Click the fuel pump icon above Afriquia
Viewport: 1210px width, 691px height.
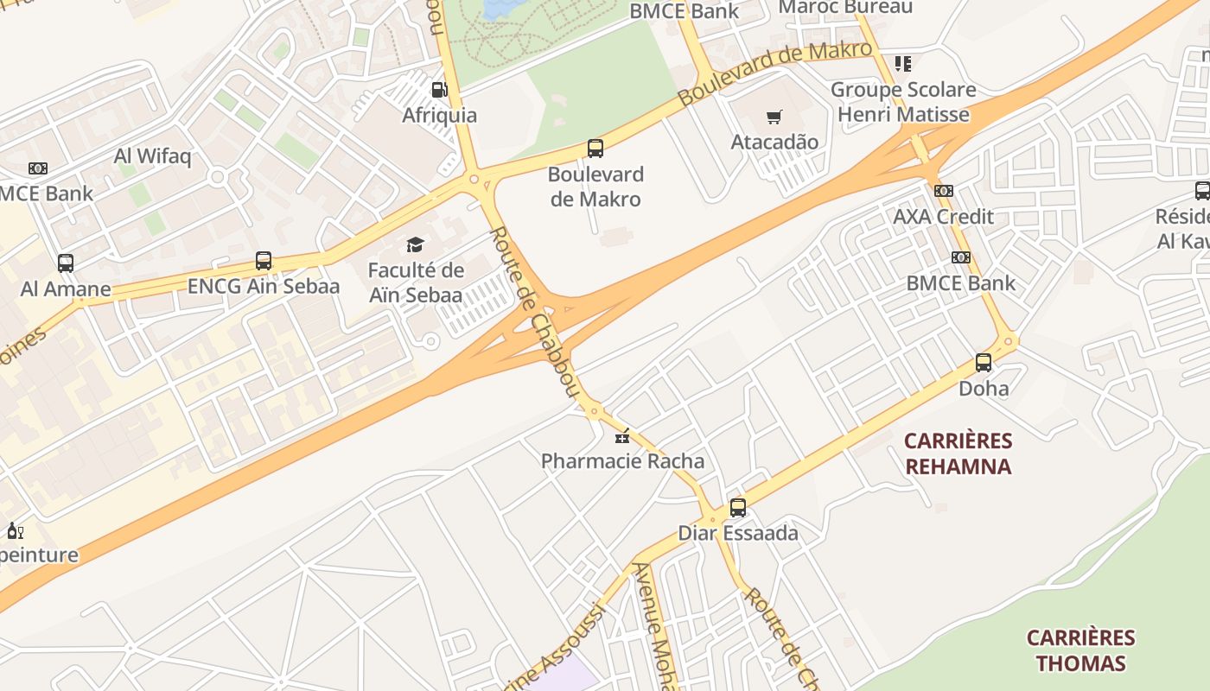[439, 90]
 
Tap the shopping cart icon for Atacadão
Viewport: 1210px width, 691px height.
[774, 117]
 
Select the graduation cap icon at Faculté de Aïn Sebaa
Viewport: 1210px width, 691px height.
[416, 245]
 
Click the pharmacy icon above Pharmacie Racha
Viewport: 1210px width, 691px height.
[621, 436]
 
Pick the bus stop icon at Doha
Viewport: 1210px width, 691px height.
[984, 363]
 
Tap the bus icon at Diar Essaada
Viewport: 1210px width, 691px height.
[737, 508]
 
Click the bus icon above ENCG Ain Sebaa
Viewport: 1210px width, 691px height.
[264, 261]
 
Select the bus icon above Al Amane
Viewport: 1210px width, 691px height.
[66, 263]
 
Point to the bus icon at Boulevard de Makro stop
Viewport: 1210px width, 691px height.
[595, 149]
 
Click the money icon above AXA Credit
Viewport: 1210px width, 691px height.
[944, 191]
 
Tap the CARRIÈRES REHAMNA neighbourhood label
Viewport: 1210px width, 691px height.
[958, 454]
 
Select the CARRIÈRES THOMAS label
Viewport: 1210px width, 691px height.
[1080, 650]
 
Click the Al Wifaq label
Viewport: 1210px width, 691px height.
[153, 156]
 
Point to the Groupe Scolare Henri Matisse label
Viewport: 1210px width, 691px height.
[903, 102]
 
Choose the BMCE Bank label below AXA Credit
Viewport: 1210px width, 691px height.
[960, 283]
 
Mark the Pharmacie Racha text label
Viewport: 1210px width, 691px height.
[622, 461]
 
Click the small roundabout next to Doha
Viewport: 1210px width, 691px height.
[1009, 341]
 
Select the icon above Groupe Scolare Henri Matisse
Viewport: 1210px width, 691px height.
[903, 63]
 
